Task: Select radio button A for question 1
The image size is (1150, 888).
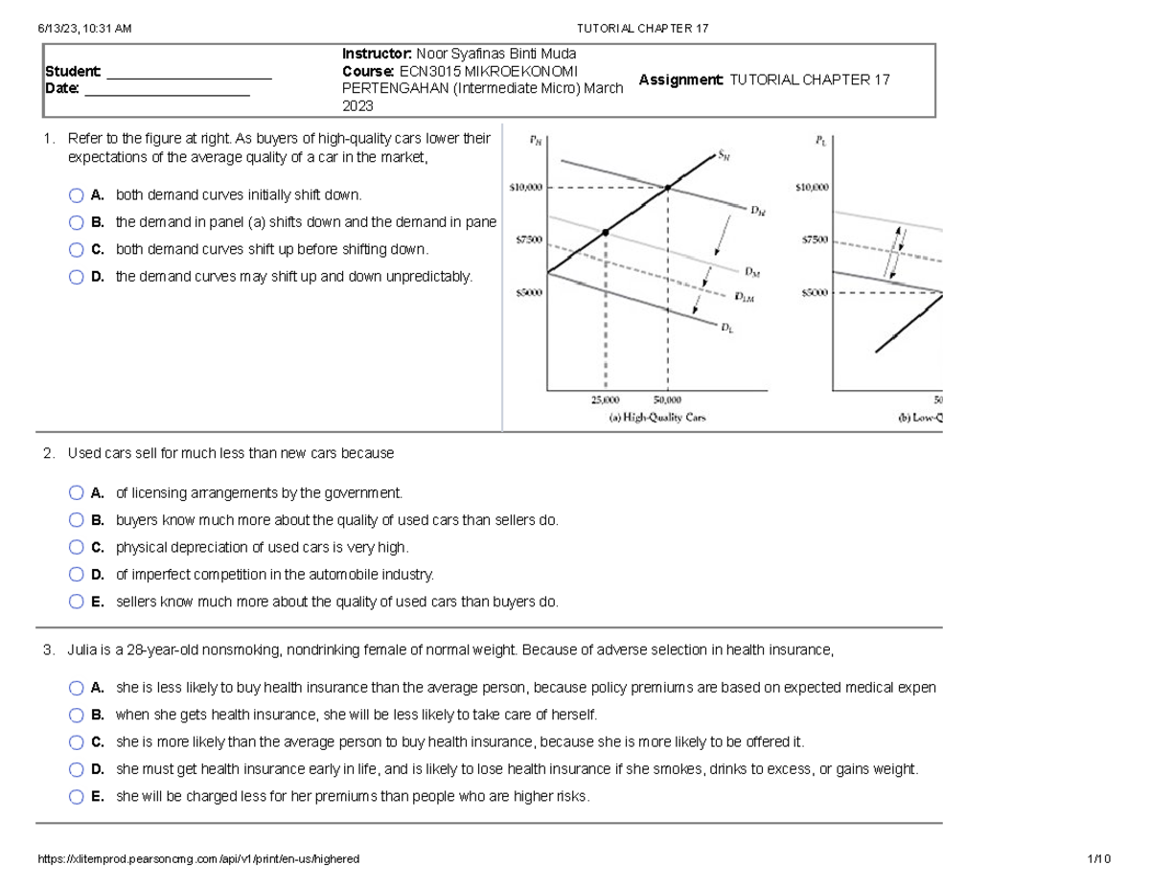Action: [x=77, y=195]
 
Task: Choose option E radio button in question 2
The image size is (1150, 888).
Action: [x=77, y=603]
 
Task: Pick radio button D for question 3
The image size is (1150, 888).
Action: [x=77, y=769]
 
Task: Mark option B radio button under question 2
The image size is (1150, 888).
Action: [x=77, y=520]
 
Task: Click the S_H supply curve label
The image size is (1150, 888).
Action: [x=724, y=157]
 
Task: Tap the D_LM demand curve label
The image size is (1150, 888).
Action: [x=745, y=297]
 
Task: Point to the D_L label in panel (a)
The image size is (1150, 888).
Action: [x=726, y=329]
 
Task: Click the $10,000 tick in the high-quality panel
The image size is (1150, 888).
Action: [x=525, y=189]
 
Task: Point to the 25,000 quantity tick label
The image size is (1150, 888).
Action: [x=605, y=400]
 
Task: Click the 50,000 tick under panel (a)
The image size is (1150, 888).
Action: [x=667, y=400]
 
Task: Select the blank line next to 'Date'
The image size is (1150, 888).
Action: [x=168, y=94]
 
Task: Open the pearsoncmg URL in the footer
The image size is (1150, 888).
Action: [x=198, y=859]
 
